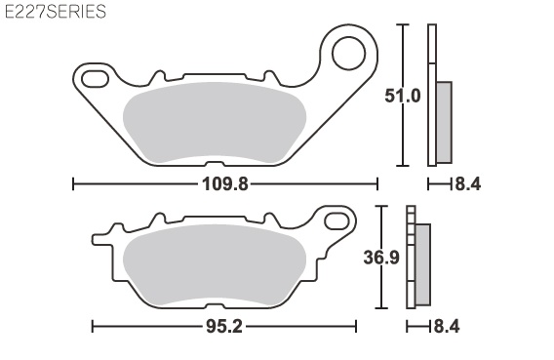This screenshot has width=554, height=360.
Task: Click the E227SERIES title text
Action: pyautogui.click(x=56, y=12)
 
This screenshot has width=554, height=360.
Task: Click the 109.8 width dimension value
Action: pyautogui.click(x=225, y=184)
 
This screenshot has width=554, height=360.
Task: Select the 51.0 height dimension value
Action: pyautogui.click(x=403, y=96)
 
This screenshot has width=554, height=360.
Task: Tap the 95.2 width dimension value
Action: pyautogui.click(x=224, y=327)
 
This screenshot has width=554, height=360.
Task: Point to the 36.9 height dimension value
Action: pyautogui.click(x=381, y=258)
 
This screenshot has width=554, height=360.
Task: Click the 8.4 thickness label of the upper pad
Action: pyautogui.click(x=468, y=184)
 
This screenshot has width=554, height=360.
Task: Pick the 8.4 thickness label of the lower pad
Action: pyautogui.click(x=447, y=327)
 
